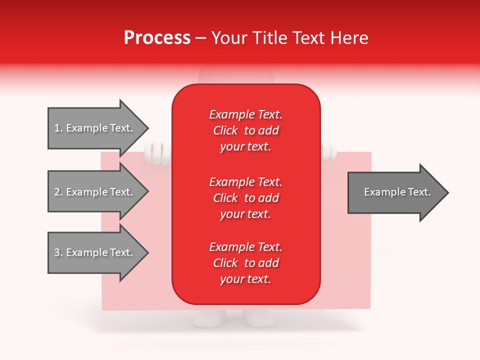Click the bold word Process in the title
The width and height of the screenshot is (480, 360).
157,38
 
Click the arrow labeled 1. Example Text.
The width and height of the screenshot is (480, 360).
95,128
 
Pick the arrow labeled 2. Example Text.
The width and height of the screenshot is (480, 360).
95,192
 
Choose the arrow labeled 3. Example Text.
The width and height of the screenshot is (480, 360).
95,252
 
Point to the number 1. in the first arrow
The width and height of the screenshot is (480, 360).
58,128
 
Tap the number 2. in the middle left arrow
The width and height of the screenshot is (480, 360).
58,192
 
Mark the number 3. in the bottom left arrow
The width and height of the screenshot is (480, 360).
58,252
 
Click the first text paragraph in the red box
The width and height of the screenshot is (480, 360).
245,130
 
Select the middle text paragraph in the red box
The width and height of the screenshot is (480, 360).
245,198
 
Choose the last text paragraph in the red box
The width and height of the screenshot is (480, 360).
245,263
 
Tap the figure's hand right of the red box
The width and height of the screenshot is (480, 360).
327,151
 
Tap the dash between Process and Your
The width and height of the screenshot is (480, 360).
201,38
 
